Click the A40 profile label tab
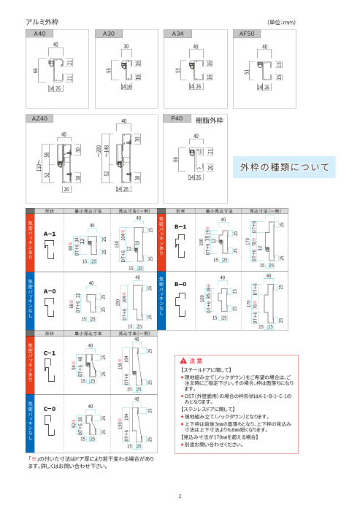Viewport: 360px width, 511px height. (x=39, y=34)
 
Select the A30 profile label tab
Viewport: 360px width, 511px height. (x=109, y=34)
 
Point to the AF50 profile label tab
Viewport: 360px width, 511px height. (x=247, y=34)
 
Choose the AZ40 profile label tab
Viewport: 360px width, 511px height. (x=41, y=118)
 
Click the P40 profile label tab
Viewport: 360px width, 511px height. (x=177, y=118)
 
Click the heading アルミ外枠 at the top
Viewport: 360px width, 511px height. (x=42, y=23)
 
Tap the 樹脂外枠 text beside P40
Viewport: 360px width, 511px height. (x=210, y=118)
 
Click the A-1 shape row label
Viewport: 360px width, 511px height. (x=50, y=234)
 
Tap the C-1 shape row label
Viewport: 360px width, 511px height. (x=50, y=353)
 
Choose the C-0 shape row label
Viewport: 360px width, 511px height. (x=50, y=409)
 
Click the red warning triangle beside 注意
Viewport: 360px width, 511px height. (x=182, y=361)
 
